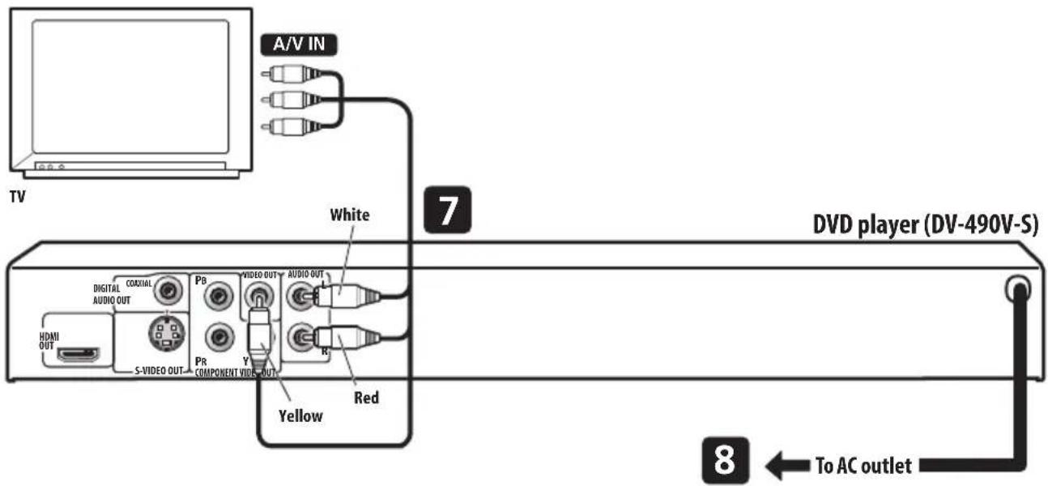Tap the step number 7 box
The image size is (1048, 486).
pos(443,211)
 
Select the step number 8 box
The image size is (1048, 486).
pos(722,463)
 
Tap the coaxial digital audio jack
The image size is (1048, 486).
pos(169,289)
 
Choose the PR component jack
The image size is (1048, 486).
pos(216,335)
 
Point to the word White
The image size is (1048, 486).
pos(350,215)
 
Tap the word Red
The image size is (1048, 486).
pos(366,398)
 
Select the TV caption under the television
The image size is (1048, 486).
pos(16,196)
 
